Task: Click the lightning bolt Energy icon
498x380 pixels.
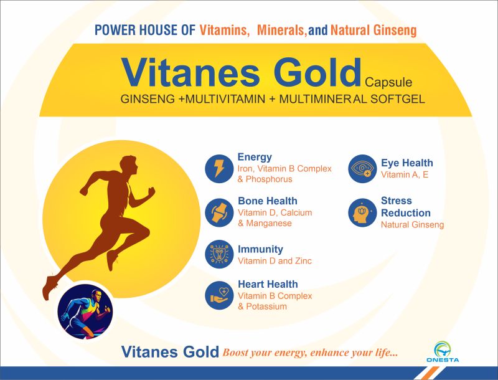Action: pos(219,169)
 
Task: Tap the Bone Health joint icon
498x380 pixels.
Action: pos(219,212)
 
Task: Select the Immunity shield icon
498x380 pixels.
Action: pos(219,254)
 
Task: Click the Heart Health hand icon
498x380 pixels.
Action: pos(219,295)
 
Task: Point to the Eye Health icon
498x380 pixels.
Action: pos(362,169)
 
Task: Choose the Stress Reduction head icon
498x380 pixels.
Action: pos(362,212)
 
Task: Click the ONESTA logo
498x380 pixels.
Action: pos(443,352)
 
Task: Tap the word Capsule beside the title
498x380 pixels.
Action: pos(388,83)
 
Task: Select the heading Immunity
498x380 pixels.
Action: pos(260,249)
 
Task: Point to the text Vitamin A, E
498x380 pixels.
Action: pos(405,174)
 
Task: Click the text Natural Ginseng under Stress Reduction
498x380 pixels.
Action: pos(412,225)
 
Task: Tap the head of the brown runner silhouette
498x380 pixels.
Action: pos(129,164)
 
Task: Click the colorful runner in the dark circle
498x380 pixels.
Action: pos(85,311)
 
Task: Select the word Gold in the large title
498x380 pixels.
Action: pos(317,72)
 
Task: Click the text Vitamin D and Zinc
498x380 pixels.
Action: pos(275,261)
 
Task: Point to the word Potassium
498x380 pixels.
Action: pos(266,306)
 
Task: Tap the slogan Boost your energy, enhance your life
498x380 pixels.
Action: pos(310,353)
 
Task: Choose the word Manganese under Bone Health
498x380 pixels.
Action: pos(269,224)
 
